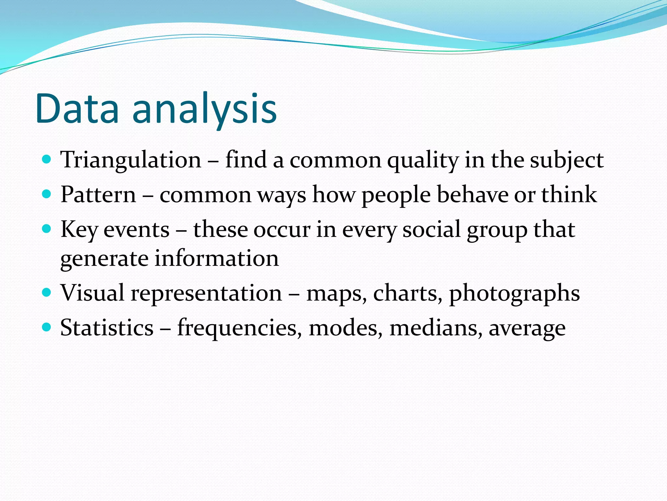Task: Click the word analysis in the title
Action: [205, 109]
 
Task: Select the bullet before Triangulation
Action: [47, 159]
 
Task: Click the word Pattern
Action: [98, 195]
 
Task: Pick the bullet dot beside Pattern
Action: [47, 194]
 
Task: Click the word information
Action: [216, 259]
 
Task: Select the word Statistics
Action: [107, 328]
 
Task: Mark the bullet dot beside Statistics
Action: [47, 327]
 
